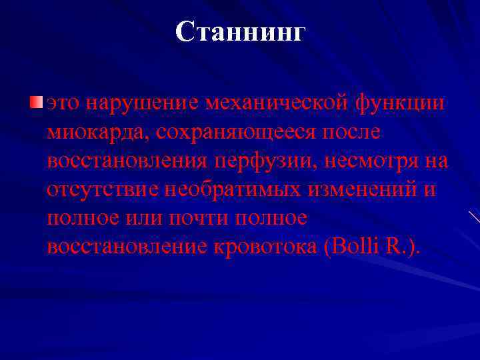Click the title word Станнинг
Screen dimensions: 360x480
(239, 31)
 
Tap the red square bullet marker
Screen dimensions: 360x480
(35, 102)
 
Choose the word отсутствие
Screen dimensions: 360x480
(99, 189)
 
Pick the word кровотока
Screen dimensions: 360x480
(265, 247)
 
